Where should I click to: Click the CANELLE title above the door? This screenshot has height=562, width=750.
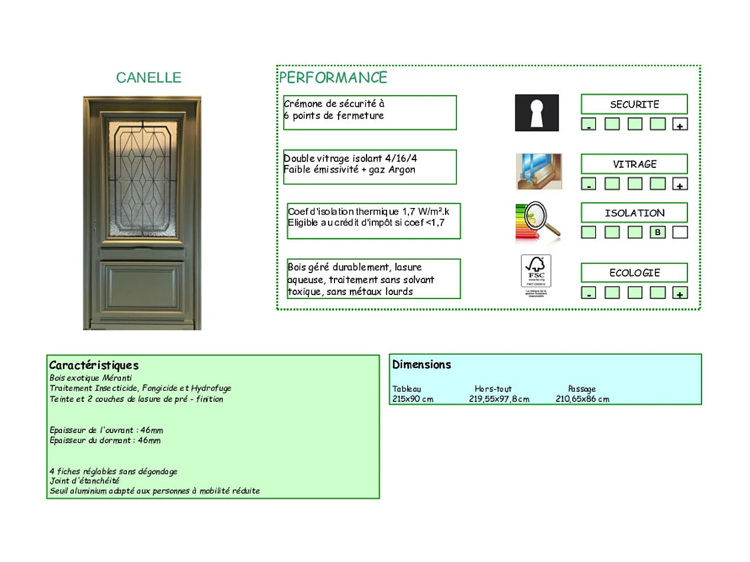(148, 77)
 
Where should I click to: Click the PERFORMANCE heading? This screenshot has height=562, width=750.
(333, 77)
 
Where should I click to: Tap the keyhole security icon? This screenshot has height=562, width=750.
(537, 112)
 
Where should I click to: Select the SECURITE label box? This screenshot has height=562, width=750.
(634, 104)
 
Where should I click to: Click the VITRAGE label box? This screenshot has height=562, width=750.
(634, 164)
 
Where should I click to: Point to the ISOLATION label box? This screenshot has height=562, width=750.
(634, 213)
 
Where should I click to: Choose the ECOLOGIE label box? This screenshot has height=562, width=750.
(634, 272)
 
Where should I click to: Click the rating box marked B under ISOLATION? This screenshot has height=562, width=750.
(657, 232)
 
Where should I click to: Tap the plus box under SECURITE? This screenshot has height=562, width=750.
(680, 125)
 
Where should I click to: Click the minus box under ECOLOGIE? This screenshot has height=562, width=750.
(589, 293)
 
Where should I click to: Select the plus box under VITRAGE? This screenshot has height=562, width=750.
(680, 184)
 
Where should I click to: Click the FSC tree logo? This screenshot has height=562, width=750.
(535, 271)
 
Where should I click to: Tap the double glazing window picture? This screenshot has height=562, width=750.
(538, 171)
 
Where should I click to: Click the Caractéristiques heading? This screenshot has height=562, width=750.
(93, 365)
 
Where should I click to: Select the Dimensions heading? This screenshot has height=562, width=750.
(421, 365)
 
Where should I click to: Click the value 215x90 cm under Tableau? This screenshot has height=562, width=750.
(413, 399)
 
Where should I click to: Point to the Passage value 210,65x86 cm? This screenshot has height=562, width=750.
(582, 399)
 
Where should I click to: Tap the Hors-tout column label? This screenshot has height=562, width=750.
(493, 389)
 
